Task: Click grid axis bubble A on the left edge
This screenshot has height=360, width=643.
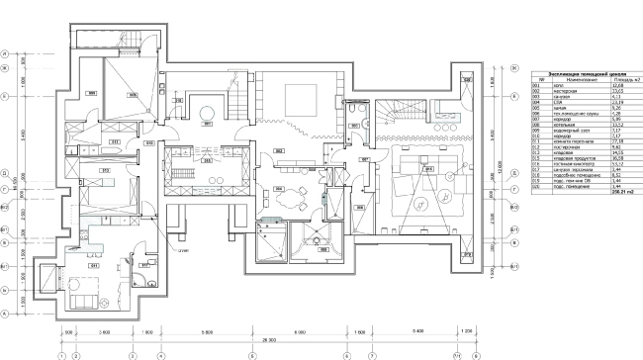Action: point(7,313)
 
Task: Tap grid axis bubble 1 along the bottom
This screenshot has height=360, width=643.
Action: point(62,354)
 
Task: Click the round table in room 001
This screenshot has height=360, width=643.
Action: point(209,110)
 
